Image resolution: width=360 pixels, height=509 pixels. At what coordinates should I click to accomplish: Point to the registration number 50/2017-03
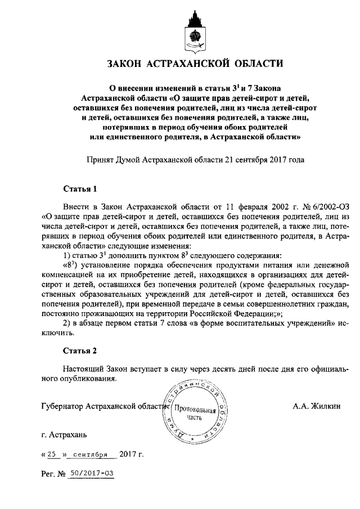tap(90, 474)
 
